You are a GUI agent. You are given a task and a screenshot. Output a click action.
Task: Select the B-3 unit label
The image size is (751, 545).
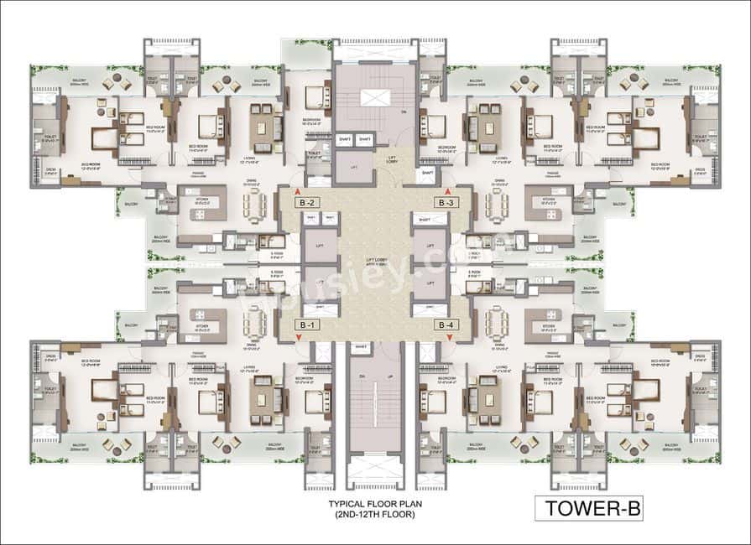tap(444, 202)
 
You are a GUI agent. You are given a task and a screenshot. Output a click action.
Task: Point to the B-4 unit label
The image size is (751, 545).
tap(444, 324)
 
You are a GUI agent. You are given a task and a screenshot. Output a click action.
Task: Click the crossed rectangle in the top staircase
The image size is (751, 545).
tap(375, 97)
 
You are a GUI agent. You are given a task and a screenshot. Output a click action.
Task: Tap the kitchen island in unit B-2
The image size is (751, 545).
tap(197, 203)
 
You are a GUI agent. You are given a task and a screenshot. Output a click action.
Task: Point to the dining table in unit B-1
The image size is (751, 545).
tap(254, 320)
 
